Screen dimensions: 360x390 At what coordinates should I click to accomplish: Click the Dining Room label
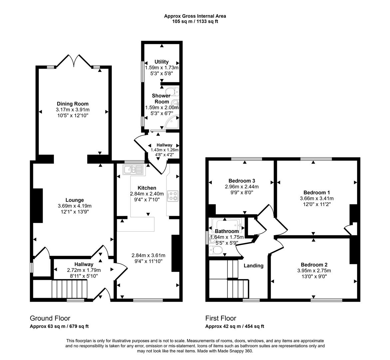click(x=73, y=104)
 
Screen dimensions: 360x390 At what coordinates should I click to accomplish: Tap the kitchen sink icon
click(x=133, y=170)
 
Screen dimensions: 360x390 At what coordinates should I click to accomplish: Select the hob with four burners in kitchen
click(x=173, y=196)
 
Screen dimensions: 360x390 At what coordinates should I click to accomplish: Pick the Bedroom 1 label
click(x=317, y=192)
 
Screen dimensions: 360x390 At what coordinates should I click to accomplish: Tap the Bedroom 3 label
click(x=242, y=181)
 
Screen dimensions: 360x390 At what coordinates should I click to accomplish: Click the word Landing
click(x=253, y=266)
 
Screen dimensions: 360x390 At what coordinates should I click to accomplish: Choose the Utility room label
click(x=162, y=62)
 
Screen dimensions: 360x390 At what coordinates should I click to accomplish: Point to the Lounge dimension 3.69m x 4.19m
click(x=75, y=206)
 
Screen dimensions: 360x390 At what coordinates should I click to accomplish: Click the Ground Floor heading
click(x=50, y=318)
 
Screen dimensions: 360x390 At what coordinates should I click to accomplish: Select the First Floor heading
click(x=220, y=318)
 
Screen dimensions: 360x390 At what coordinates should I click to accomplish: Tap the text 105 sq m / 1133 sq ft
click(x=195, y=21)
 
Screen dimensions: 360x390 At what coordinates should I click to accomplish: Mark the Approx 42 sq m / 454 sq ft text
click(x=234, y=326)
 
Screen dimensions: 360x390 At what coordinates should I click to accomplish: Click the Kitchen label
click(x=147, y=188)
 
